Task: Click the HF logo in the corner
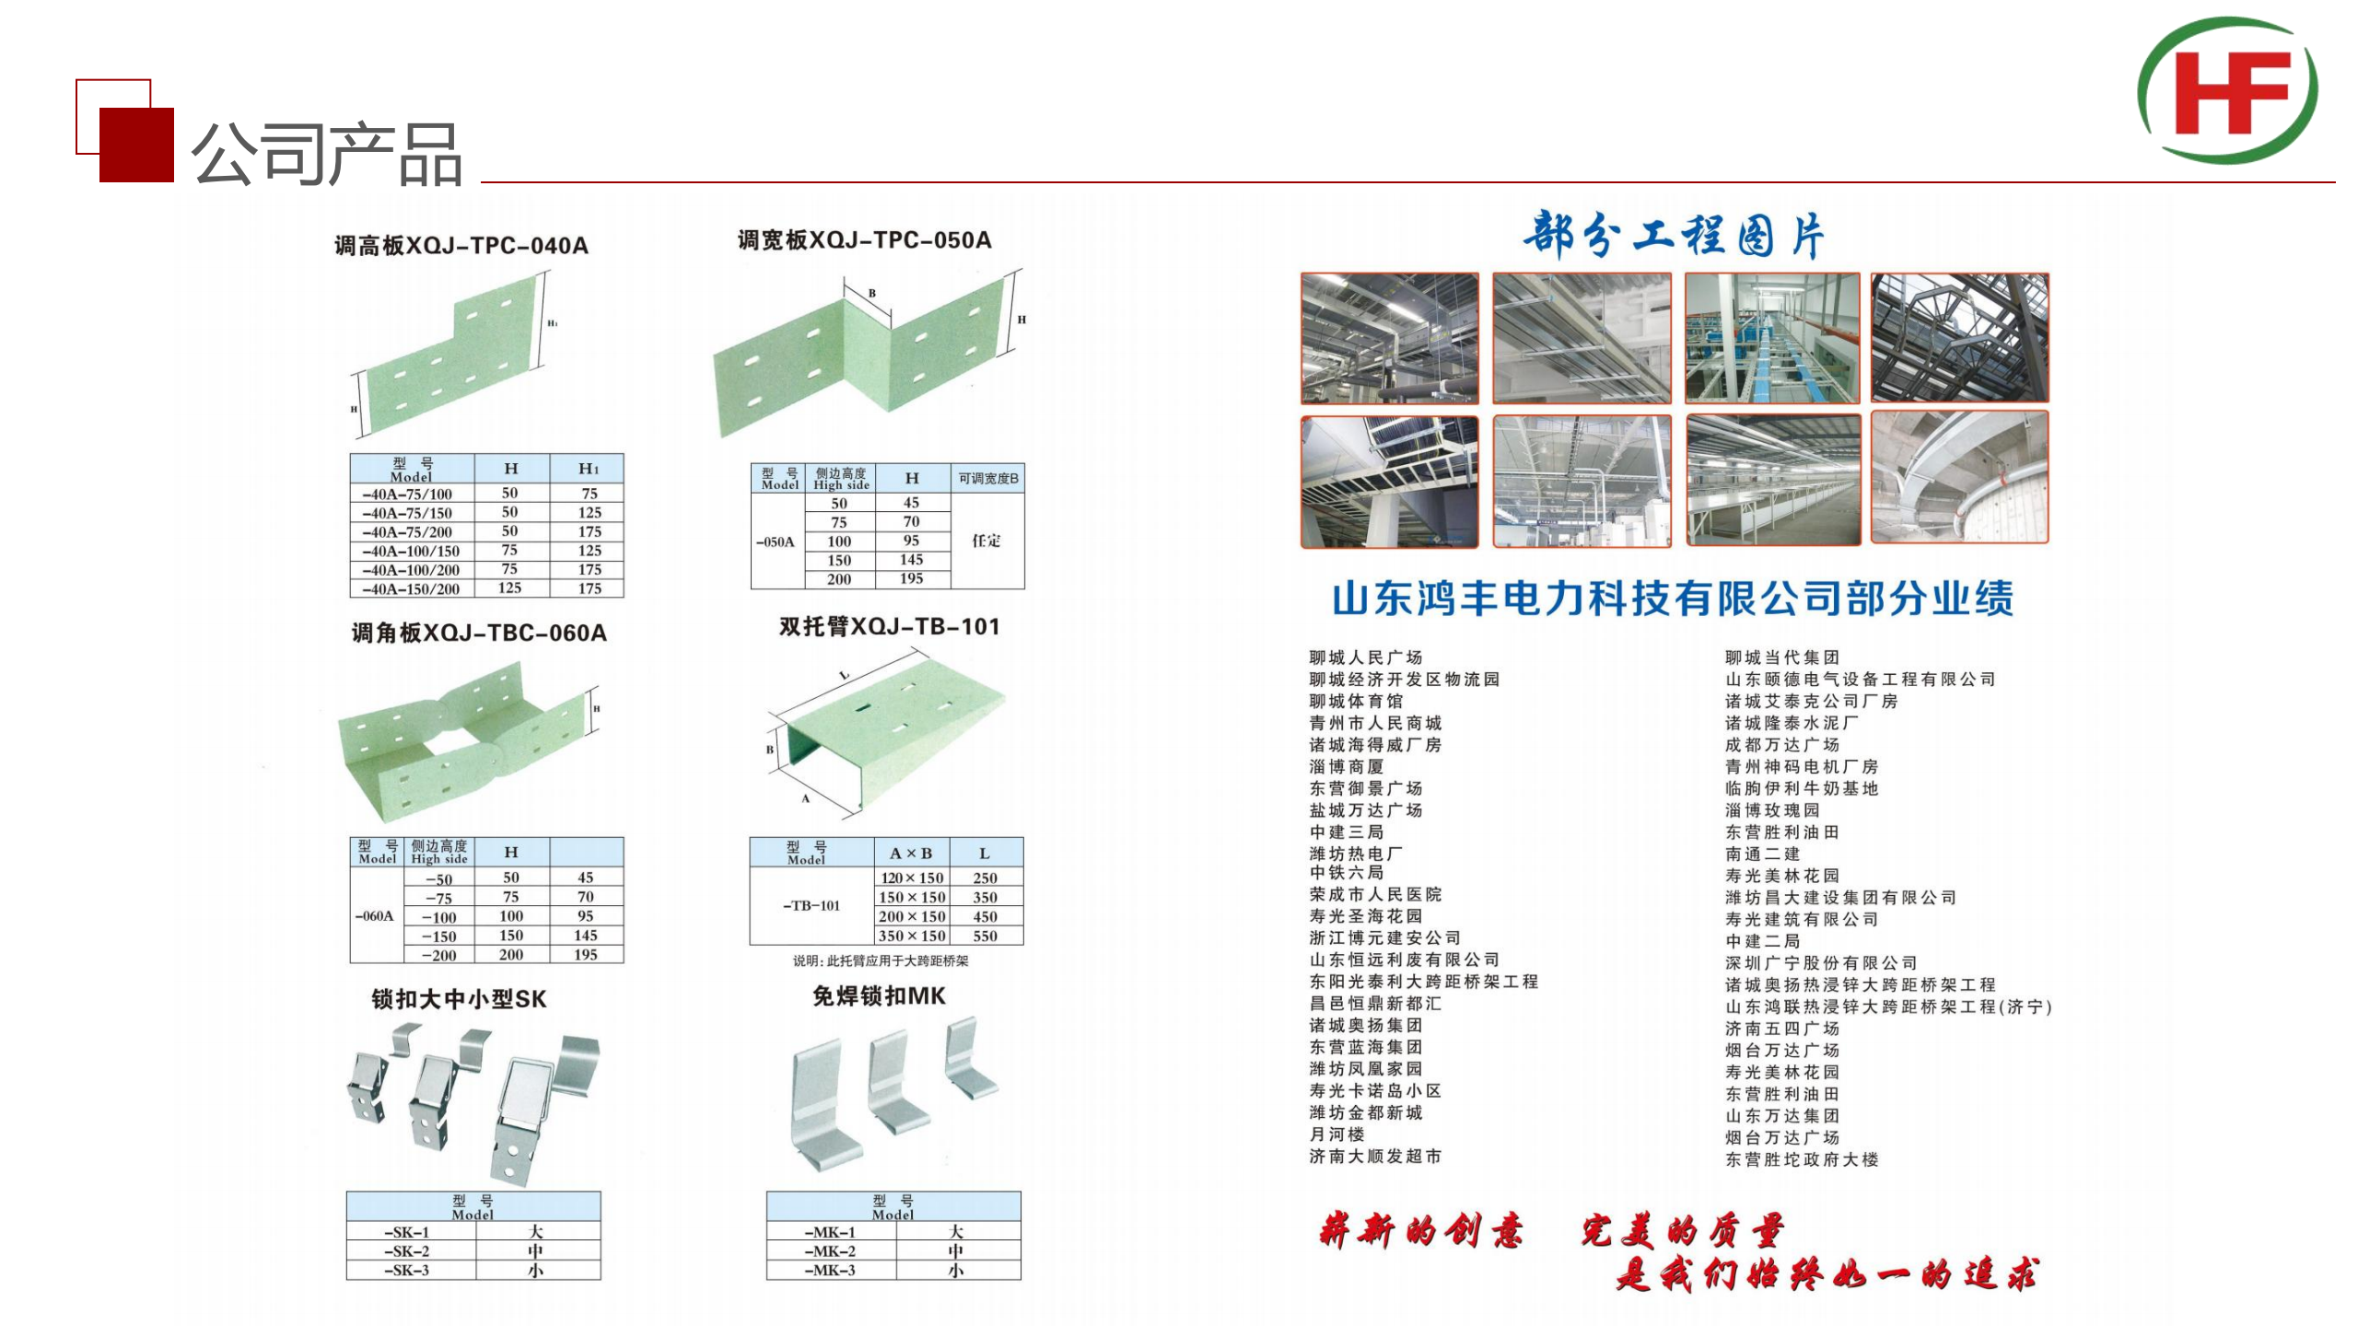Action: [x=2227, y=90]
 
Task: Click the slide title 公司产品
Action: [x=326, y=155]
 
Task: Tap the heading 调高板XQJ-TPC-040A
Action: [x=461, y=246]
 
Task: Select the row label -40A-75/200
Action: [x=411, y=532]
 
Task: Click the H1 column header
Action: [x=589, y=469]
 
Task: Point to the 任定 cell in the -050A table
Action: [x=986, y=541]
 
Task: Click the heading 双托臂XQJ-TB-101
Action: [x=889, y=627]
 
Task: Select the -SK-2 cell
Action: [x=406, y=1251]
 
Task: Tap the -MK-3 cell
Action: [x=830, y=1271]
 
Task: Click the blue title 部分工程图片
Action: [x=1673, y=236]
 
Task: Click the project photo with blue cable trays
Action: [x=1773, y=338]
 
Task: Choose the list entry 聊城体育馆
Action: [x=1356, y=702]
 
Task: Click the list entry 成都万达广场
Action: [x=1782, y=745]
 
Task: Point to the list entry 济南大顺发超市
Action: [x=1375, y=1157]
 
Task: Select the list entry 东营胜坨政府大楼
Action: [x=1802, y=1160]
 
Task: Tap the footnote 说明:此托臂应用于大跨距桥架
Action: [x=881, y=961]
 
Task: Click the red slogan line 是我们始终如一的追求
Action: [x=1827, y=1275]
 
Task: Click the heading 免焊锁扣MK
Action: [x=879, y=996]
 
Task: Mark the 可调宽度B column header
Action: [x=988, y=479]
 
